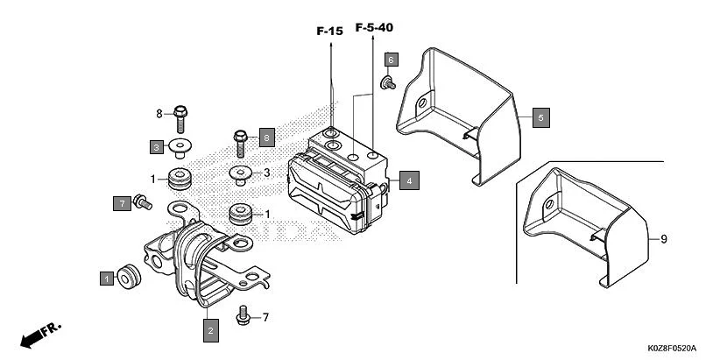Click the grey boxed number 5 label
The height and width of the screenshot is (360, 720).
pos(541,117)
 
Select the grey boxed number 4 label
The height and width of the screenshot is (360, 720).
pos(408,181)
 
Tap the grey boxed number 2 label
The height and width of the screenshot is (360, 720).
pos(209,330)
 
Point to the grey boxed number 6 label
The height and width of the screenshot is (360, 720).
pos(392,60)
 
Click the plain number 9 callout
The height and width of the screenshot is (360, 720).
pos(665,238)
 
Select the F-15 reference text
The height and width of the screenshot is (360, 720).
pos(330,31)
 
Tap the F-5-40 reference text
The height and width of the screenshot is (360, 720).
pos(373,29)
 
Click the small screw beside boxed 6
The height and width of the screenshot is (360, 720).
pos(387,82)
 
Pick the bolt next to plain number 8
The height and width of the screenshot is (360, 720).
pos(181,114)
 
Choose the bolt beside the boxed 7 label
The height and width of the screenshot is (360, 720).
pos(142,203)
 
